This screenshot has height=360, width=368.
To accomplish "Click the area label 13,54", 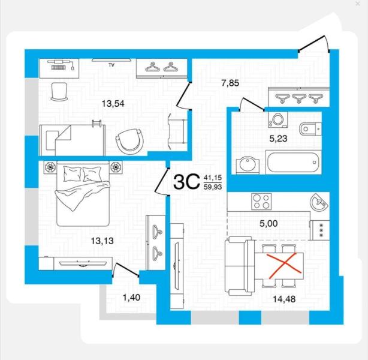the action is (x=113, y=103).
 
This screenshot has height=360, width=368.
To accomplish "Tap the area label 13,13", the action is (x=102, y=241).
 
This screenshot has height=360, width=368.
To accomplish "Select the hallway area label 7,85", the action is (x=230, y=83).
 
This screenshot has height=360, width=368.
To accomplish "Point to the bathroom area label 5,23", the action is (x=278, y=139).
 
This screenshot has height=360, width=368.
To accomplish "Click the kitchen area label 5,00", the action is (x=269, y=223).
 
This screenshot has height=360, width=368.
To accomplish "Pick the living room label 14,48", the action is (x=284, y=299).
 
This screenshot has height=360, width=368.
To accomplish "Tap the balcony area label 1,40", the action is (x=132, y=298).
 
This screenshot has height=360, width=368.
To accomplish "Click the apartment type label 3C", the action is (x=186, y=182).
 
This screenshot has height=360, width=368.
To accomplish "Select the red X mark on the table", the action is (x=285, y=266).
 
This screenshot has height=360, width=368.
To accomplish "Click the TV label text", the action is (x=111, y=65).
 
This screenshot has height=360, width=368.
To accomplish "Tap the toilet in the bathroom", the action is (x=310, y=129).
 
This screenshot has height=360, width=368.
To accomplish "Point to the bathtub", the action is (x=294, y=162).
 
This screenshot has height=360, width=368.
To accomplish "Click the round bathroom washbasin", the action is (x=248, y=166).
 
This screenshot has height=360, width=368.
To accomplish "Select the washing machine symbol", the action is (x=278, y=119).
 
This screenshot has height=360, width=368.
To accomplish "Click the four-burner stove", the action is (x=261, y=202).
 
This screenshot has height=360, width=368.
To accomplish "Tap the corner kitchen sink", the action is (x=319, y=202).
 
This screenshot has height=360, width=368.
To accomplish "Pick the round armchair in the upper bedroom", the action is (x=129, y=140).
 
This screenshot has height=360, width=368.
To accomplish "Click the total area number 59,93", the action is (x=213, y=187).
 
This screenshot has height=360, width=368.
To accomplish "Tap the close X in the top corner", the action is (x=358, y=4).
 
